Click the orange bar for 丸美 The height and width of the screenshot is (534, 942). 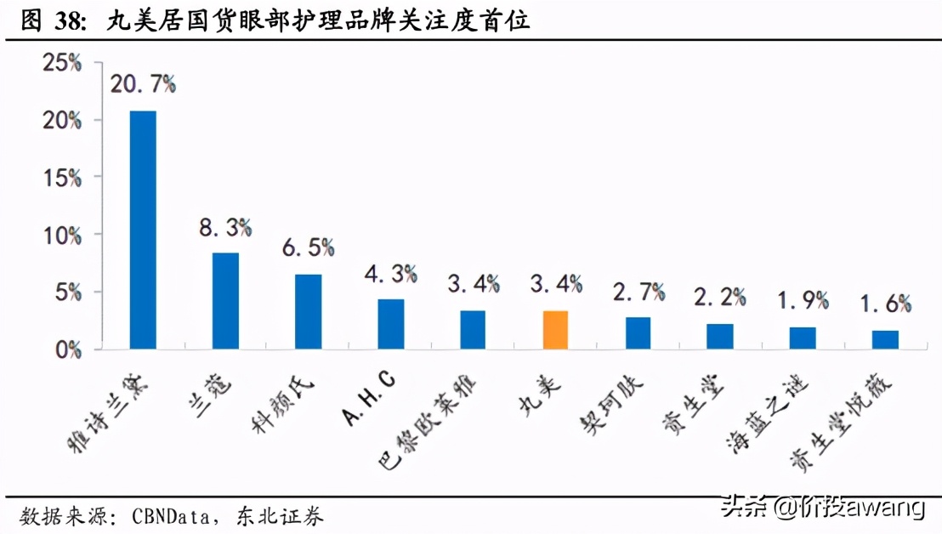[555, 329]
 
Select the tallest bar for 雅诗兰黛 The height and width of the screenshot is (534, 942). [142, 230]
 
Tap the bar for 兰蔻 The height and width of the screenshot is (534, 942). [225, 300]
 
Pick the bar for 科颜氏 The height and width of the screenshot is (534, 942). [308, 311]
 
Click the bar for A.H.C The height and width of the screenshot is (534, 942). [390, 323]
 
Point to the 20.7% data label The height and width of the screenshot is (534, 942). [142, 83]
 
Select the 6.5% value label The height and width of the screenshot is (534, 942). [307, 247]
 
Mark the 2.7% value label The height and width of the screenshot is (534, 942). [638, 293]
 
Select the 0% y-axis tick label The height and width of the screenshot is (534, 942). [69, 349]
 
